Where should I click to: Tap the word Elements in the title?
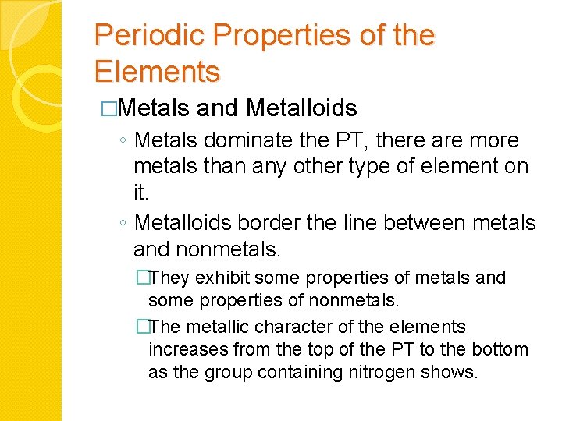coord(157,72)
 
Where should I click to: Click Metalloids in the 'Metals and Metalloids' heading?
coord(301,108)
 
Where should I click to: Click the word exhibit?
coord(223,278)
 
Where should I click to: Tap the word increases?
coord(183,349)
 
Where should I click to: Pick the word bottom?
coord(500,349)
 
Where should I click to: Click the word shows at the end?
coord(449,373)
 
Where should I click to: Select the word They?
coord(170,278)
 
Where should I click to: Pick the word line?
coord(355,223)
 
